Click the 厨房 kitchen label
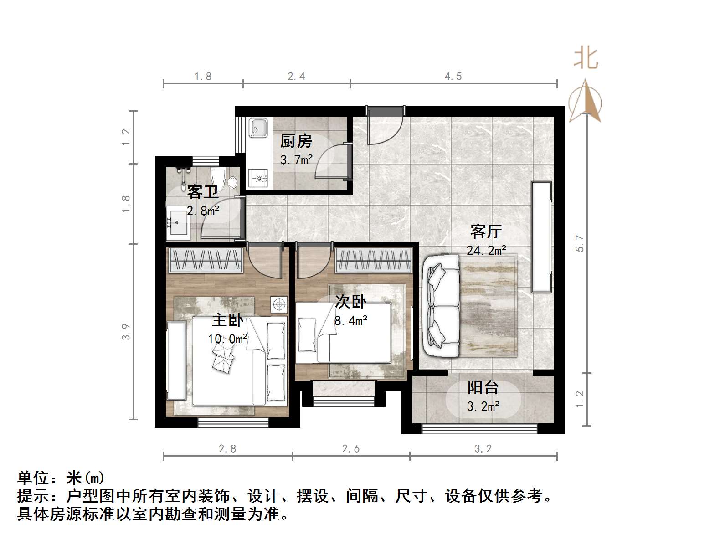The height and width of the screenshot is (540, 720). [x=296, y=141]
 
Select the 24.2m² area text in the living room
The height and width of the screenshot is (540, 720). [x=486, y=250]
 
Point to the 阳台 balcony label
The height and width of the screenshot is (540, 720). [x=483, y=387]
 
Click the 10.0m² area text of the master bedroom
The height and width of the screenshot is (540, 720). [x=227, y=339]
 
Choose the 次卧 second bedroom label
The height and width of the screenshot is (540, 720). [x=350, y=301]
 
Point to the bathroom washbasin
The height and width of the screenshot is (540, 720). [x=178, y=223]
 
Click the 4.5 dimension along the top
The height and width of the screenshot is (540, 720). [x=453, y=77]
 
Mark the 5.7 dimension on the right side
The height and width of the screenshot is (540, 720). [x=580, y=243]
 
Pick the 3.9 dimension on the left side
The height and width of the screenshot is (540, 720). [x=126, y=331]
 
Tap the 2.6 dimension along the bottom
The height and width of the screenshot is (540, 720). [x=350, y=449]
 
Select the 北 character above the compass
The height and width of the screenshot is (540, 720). [x=586, y=59]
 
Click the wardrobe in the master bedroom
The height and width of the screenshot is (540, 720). [x=205, y=260]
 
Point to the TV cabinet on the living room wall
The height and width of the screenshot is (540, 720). [x=541, y=237]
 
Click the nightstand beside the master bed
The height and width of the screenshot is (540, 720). [x=278, y=304]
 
